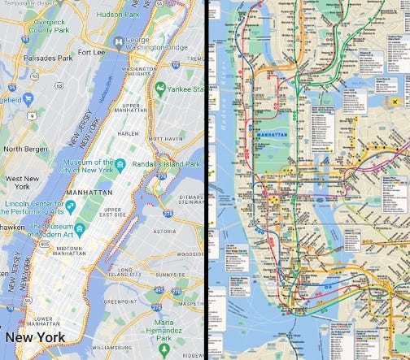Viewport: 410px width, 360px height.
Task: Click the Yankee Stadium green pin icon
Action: click(x=161, y=87)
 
